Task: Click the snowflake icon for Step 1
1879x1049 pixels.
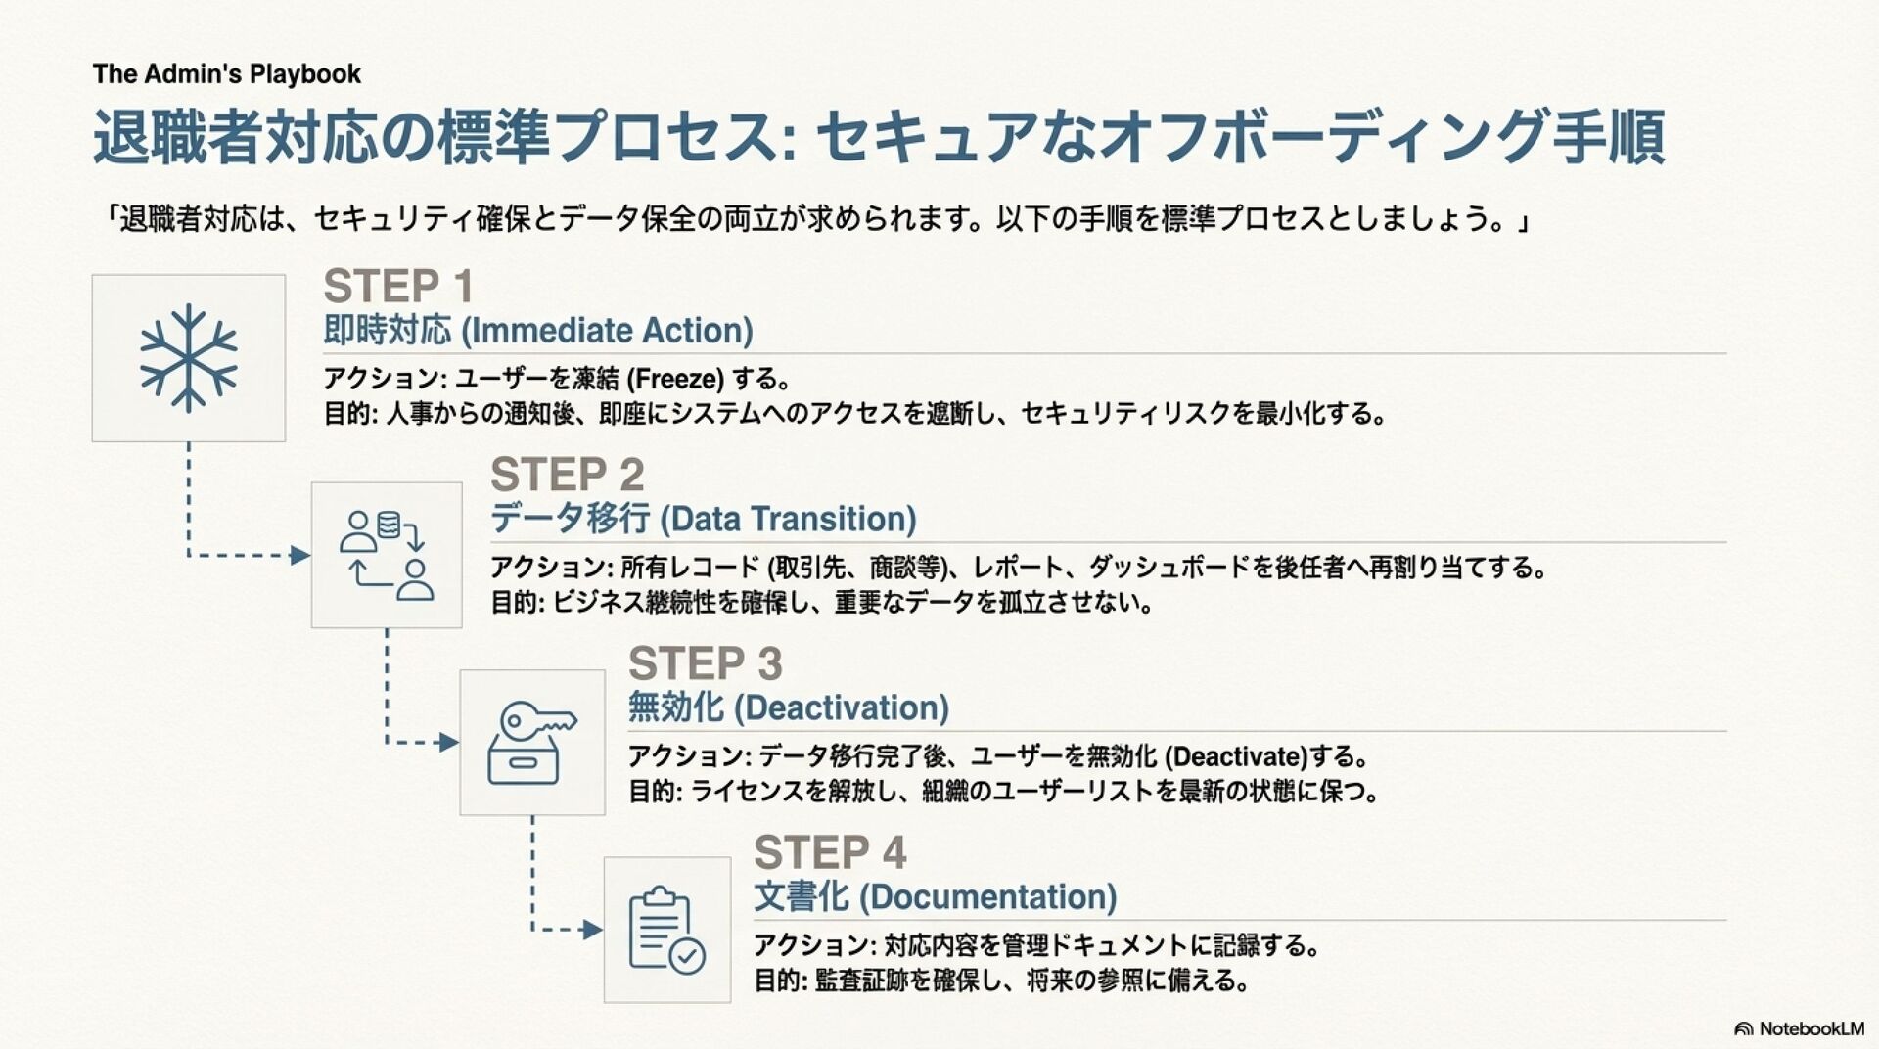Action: [x=188, y=358]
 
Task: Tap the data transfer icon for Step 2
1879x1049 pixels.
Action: [x=387, y=555]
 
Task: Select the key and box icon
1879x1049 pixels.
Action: [x=532, y=743]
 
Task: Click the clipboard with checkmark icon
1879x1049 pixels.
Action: [x=666, y=930]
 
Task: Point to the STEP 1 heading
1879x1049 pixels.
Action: [x=398, y=287]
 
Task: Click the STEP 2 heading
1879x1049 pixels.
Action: [x=567, y=476]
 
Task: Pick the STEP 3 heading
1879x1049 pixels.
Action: [x=705, y=664]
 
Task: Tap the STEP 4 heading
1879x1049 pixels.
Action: [x=830, y=852]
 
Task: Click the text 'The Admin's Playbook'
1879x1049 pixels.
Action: [x=227, y=74]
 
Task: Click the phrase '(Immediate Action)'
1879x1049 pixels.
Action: [x=607, y=331]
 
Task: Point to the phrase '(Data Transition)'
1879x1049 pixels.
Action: [x=788, y=520]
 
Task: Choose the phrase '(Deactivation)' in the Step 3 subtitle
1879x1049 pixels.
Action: [x=841, y=708]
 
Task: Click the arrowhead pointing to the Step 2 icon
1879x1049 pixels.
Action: [x=300, y=556]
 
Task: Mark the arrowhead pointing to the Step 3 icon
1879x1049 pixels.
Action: [x=449, y=743]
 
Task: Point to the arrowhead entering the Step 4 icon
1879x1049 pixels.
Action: [x=593, y=930]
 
